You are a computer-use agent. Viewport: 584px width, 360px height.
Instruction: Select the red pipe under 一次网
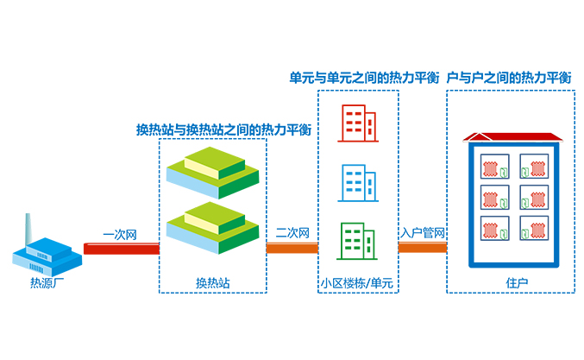pos(121,249)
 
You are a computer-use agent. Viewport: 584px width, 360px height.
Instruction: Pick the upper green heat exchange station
pos(212,168)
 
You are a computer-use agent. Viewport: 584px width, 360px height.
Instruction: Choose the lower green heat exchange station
pos(212,224)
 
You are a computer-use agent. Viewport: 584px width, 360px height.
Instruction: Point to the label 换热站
pos(212,282)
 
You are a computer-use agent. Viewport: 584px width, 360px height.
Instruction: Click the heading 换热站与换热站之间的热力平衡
pos(223,129)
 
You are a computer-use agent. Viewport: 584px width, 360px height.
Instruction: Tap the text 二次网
pos(292,232)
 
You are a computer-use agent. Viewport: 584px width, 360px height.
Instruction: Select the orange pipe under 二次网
pos(292,249)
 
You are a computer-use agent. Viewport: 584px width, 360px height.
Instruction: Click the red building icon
pos(357,123)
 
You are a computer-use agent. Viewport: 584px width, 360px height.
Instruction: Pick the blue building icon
pos(357,182)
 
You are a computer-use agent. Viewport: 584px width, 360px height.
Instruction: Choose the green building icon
pos(357,241)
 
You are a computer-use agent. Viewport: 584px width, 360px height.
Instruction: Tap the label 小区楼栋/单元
pos(357,282)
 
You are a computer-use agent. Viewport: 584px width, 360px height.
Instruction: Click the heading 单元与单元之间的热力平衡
pos(363,78)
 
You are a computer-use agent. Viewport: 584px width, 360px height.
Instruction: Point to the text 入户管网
pos(423,232)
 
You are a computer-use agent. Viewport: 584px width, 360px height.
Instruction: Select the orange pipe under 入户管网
pos(422,248)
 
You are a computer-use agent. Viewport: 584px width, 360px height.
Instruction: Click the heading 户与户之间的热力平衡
pos(510,78)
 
